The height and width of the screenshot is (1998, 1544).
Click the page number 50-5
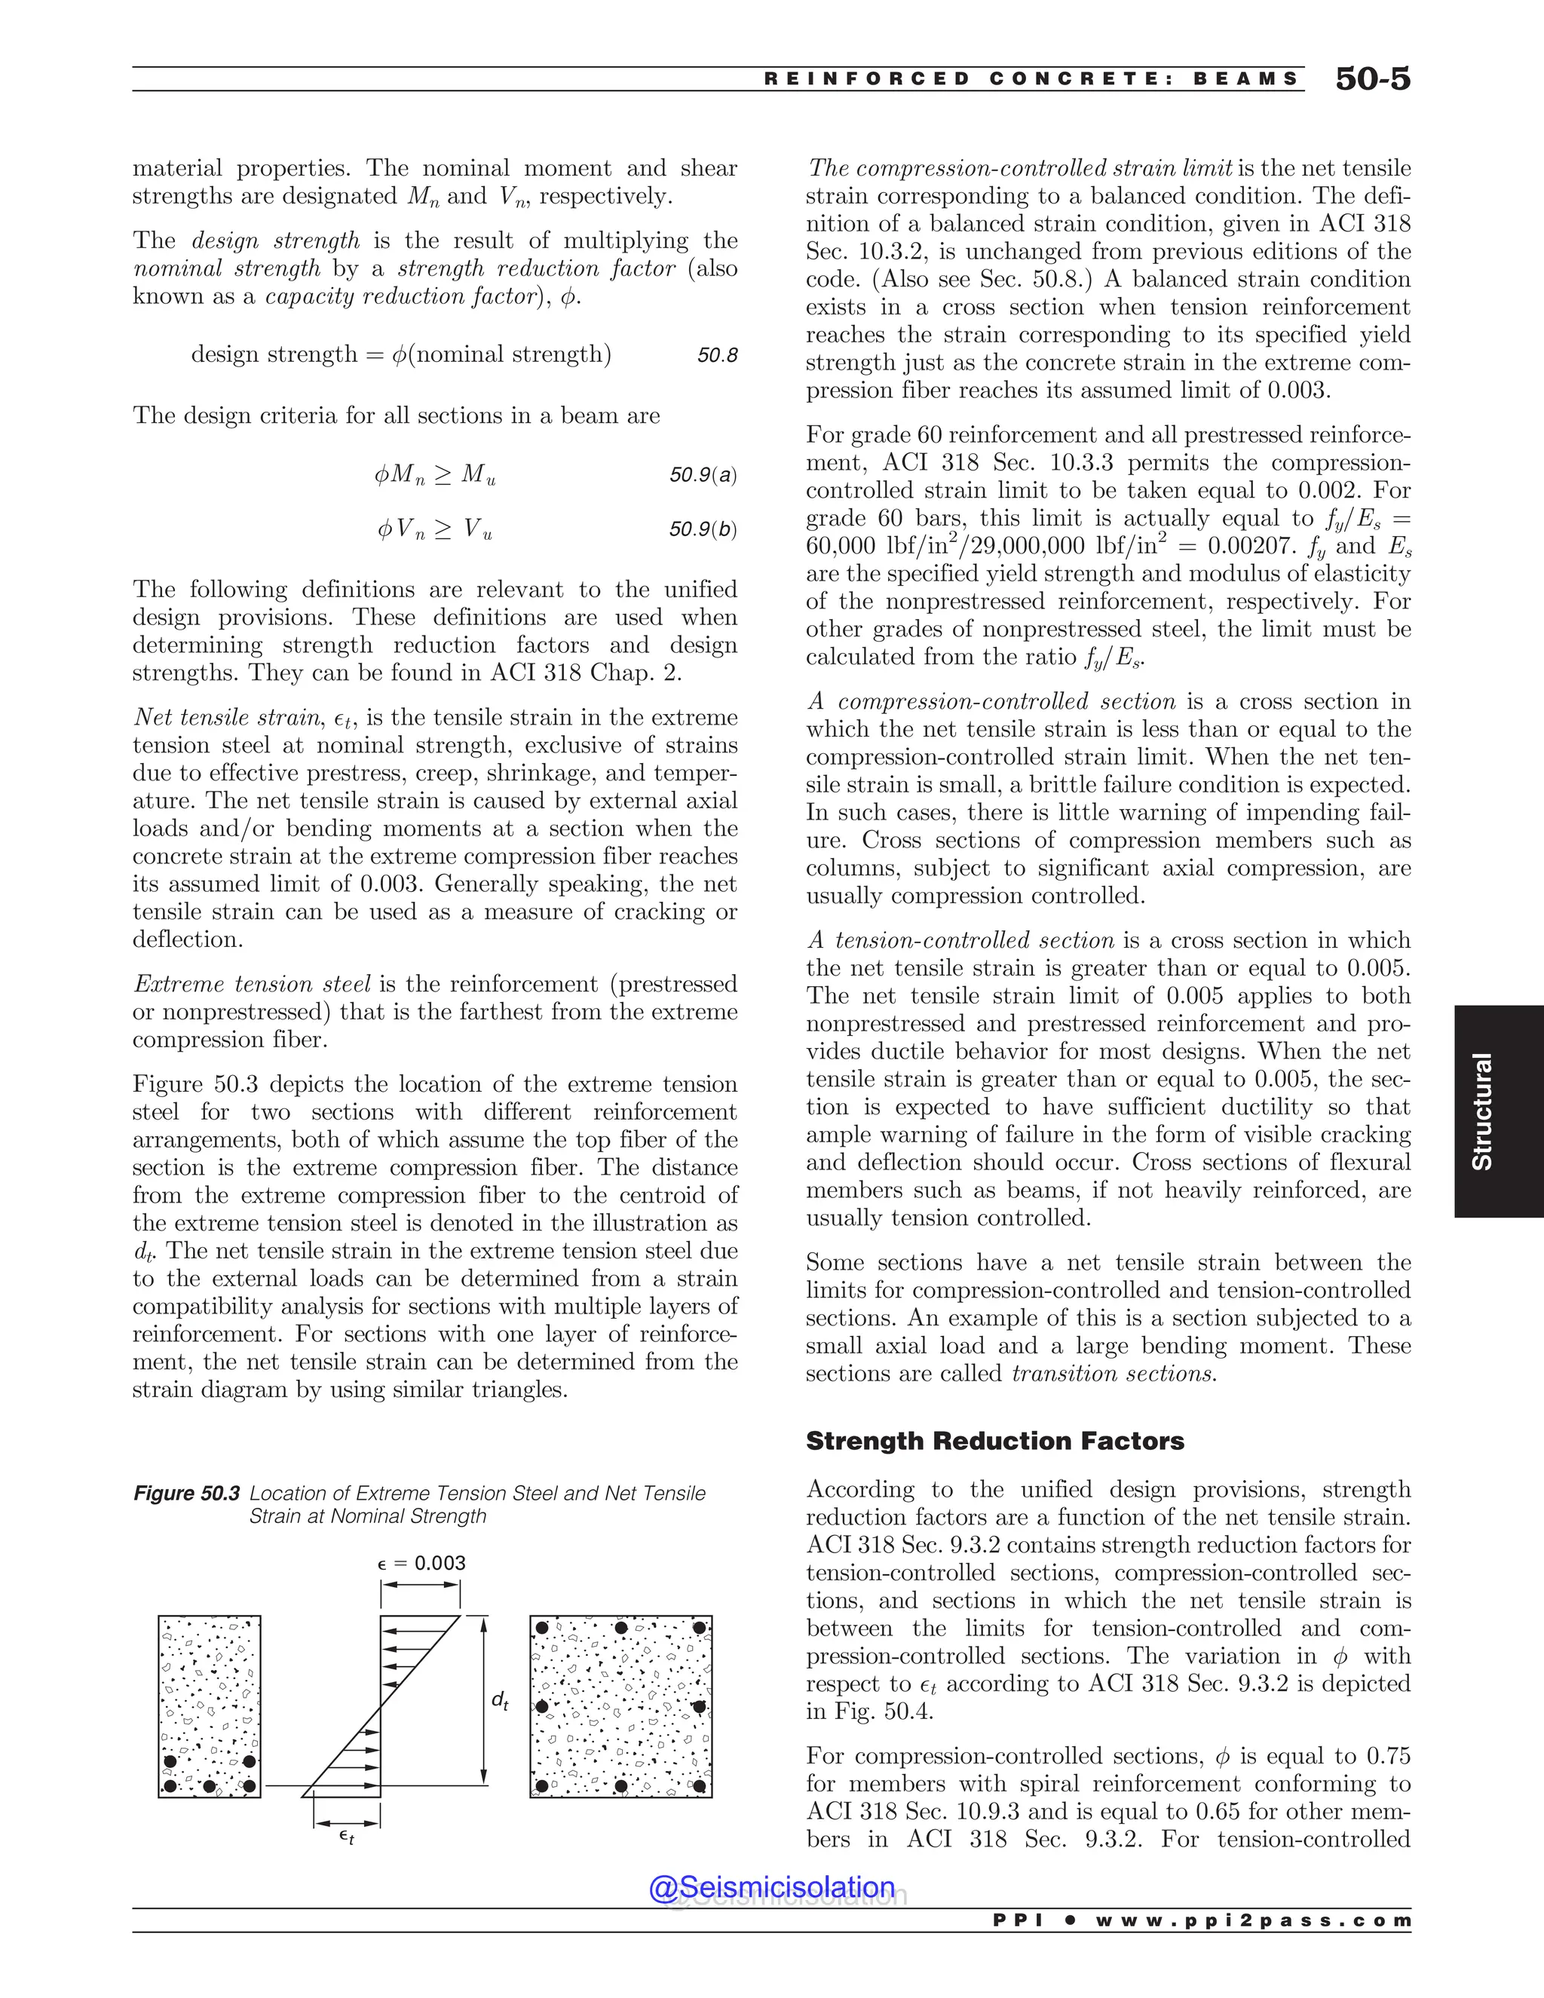pyautogui.click(x=1372, y=78)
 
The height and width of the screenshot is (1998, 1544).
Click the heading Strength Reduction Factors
pyautogui.click(x=994, y=1441)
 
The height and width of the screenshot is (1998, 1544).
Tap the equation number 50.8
pyautogui.click(x=717, y=356)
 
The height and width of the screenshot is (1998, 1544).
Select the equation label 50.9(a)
pyautogui.click(x=703, y=475)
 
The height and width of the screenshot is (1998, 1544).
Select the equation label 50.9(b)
pyautogui.click(x=703, y=530)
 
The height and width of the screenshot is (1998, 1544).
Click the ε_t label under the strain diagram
pyautogui.click(x=346, y=1835)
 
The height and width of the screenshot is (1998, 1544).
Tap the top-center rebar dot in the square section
pyautogui.click(x=621, y=1628)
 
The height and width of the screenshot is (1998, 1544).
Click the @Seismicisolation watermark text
pyautogui.click(x=772, y=1886)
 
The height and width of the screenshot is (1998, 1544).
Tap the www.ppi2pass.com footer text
pyautogui.click(x=1253, y=1920)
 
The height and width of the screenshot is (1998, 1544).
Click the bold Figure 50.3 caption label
pyautogui.click(x=187, y=1494)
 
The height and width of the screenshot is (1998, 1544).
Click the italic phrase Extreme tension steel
pyautogui.click(x=252, y=985)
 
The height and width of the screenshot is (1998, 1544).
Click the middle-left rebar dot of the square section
pyautogui.click(x=541, y=1707)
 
